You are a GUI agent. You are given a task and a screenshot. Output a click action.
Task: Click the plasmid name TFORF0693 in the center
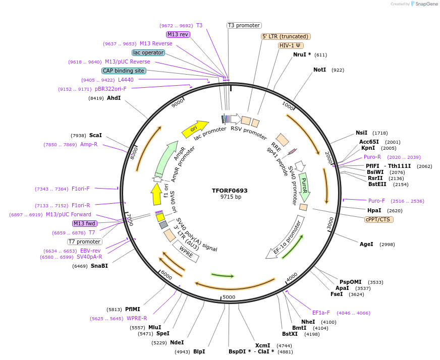pos(230,191)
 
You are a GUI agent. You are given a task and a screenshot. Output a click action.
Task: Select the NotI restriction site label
pos(320,70)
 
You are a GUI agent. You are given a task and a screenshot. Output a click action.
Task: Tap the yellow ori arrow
pos(195,129)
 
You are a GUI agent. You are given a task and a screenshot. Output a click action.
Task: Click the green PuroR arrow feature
pos(304,186)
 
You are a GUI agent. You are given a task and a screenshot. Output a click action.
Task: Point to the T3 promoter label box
pos(244,25)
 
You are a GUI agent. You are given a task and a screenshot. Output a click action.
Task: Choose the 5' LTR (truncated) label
pos(286,36)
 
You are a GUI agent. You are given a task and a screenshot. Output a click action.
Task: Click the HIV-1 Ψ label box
pos(291,45)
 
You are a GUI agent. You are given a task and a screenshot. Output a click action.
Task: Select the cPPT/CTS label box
pos(378,219)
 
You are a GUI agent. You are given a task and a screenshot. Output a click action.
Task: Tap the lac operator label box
pos(148,52)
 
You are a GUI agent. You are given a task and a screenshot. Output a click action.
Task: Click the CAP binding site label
pos(124,71)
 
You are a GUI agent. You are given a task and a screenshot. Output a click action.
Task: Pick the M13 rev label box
pos(178,34)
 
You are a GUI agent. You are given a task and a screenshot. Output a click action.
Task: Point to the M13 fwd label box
pos(85,223)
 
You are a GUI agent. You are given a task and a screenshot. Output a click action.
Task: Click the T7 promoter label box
pos(85,242)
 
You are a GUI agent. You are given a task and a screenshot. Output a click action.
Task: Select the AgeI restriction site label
pos(366,244)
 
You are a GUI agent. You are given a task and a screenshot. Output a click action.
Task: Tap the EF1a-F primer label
pos(321,313)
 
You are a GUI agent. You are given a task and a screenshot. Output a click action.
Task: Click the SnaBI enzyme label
pos(99,266)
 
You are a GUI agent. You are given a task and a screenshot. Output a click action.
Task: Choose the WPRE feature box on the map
pos(186,251)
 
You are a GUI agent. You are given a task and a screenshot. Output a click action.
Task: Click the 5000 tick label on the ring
pos(229,297)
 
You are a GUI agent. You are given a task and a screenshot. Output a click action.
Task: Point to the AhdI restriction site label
pos(114,98)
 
